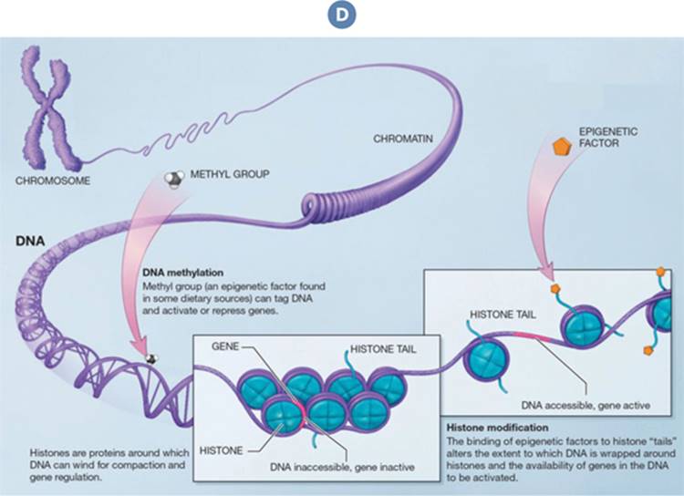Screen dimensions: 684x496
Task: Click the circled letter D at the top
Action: coord(342,15)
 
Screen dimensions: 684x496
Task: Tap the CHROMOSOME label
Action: coord(53,181)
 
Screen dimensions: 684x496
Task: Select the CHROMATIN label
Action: coord(403,139)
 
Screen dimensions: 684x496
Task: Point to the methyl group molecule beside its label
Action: coord(173,179)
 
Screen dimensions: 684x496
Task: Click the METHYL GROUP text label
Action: coord(230,174)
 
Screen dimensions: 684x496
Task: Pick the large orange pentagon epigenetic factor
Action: coord(562,147)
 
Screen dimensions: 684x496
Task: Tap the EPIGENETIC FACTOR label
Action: coord(608,137)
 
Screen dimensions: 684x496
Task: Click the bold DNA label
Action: coord(30,242)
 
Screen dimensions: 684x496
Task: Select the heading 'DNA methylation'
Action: coord(182,273)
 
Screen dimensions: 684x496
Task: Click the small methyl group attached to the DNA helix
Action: coord(151,358)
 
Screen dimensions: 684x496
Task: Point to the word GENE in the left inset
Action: coord(225,346)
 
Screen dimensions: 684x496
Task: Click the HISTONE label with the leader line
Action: coord(221,450)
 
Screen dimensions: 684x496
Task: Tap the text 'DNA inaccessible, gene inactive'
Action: coord(342,467)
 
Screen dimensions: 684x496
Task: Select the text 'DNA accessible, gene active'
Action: coord(586,405)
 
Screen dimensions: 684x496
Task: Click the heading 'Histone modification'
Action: coord(497,428)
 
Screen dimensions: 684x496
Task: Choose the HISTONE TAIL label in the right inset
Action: coord(503,315)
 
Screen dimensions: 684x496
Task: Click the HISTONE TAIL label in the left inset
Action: coord(383,349)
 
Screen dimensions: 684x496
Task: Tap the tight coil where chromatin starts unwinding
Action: coord(315,206)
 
